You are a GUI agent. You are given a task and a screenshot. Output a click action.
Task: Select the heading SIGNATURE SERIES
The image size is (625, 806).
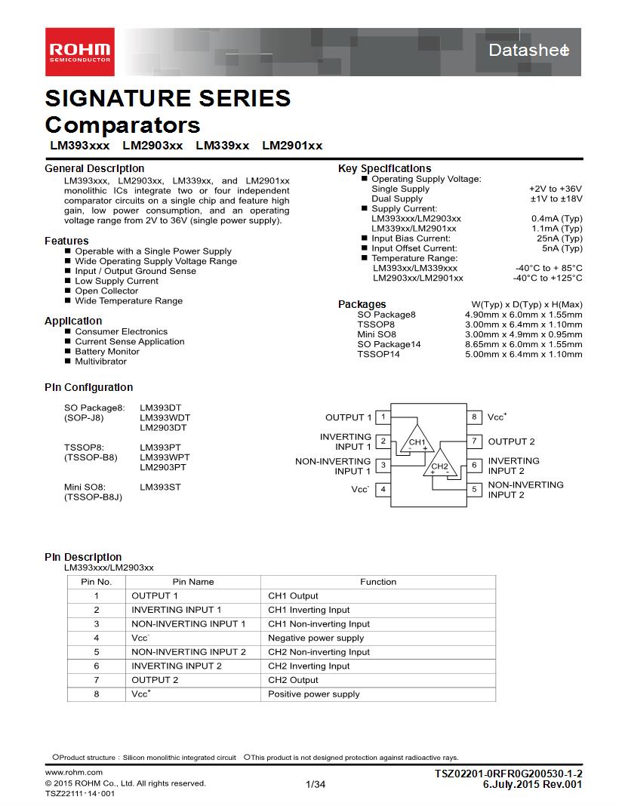point(168,98)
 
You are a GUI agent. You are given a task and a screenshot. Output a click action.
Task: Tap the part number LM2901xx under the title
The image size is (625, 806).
point(292,146)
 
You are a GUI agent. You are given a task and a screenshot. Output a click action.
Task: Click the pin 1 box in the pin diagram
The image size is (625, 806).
point(383,417)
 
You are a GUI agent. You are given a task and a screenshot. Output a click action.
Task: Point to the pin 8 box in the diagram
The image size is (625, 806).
point(475,417)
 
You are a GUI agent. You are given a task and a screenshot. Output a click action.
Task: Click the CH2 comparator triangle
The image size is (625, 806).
point(440,466)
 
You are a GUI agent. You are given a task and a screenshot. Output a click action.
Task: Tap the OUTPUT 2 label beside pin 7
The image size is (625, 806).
point(511,441)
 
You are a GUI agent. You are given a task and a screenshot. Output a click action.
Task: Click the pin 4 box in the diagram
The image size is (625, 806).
point(383,489)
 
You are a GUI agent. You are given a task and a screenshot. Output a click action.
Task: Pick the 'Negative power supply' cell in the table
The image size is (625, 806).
point(316,638)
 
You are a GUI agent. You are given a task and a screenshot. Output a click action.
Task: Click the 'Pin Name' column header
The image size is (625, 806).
point(193,582)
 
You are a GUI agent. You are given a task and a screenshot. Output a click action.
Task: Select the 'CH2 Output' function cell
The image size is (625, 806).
point(293,680)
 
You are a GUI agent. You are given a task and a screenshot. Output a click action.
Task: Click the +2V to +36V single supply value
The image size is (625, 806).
point(556,189)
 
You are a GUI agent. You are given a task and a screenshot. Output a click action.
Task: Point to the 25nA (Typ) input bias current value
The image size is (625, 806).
point(559,238)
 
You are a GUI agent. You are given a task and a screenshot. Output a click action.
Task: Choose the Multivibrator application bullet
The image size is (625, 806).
point(100,361)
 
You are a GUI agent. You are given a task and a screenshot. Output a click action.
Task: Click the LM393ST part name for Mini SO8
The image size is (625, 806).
point(160,487)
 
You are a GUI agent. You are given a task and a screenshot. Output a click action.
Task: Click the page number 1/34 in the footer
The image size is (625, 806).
point(316,785)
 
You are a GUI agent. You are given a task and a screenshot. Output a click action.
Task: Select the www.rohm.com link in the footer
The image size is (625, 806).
point(74,772)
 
